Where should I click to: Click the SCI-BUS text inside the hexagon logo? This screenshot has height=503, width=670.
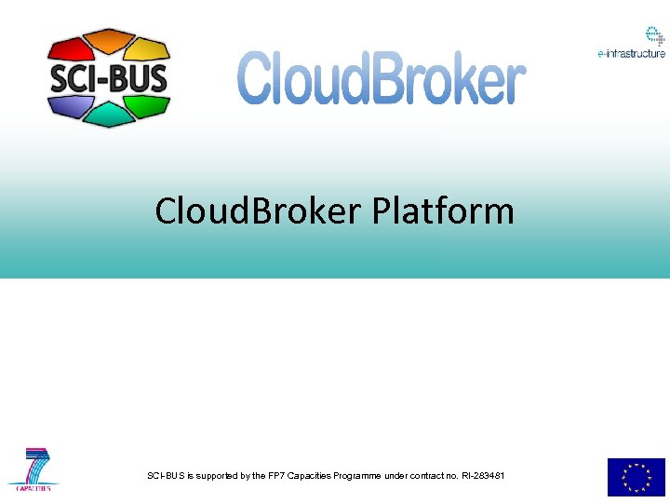pos(109,76)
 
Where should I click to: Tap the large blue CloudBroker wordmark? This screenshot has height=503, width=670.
pos(382,78)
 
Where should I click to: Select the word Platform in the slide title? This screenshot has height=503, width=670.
pos(443,211)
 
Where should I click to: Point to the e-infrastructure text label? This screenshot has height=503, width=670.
pos(632,54)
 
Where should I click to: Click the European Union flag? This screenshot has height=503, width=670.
pos(636,477)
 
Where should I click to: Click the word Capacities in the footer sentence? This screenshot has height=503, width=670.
pos(314,476)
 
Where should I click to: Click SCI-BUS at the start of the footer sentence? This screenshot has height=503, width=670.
pos(166,476)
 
